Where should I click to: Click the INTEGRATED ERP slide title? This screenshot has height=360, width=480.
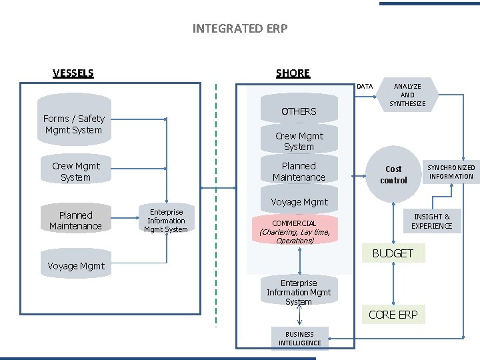[x=239, y=28]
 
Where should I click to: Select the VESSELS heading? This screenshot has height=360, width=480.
[x=73, y=73]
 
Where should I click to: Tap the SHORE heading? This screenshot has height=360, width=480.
[x=293, y=73]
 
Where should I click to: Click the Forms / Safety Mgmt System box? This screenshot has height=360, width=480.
[x=74, y=124]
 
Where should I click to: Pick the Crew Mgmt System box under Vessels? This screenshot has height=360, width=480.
[x=75, y=171]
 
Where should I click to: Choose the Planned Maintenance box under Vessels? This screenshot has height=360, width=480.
[x=75, y=220]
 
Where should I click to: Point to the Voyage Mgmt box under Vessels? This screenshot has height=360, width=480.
[x=75, y=265]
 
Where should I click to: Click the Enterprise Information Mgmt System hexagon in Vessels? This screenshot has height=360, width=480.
[x=166, y=221]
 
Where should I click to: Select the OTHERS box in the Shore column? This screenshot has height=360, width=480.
[x=299, y=111]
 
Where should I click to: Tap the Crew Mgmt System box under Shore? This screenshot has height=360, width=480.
[x=299, y=141]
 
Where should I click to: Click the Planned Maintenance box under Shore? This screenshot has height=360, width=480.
[x=299, y=171]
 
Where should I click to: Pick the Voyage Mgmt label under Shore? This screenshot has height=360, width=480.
[x=299, y=201]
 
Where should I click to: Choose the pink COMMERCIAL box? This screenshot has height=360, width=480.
[x=295, y=231]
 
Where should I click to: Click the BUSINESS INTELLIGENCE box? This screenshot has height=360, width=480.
[x=299, y=339]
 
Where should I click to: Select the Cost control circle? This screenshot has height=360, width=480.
[x=393, y=175]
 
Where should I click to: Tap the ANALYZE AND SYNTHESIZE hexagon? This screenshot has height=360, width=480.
[x=407, y=95]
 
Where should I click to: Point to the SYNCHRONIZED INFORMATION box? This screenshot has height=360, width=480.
[x=451, y=172]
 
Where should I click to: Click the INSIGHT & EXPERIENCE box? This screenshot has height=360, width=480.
[x=432, y=221]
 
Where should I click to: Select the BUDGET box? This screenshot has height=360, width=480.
[x=393, y=253]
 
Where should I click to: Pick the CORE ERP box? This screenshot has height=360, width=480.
[x=393, y=315]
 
